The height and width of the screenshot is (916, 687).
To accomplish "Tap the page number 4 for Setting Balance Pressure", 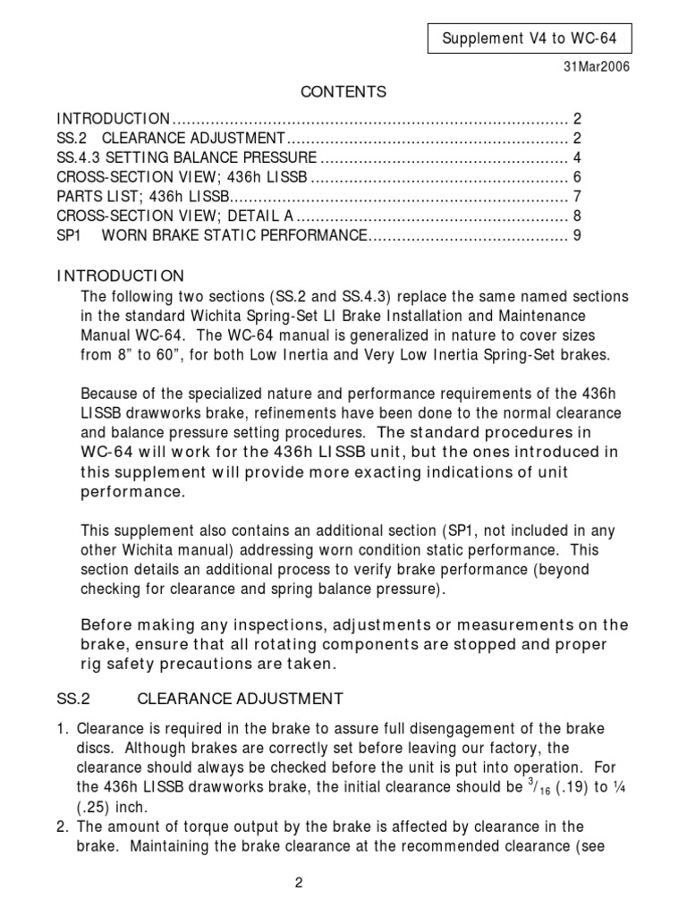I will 578,157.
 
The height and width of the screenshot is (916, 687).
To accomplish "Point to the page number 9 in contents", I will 578,236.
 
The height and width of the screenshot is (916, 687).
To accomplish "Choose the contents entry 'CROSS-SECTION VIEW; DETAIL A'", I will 175,216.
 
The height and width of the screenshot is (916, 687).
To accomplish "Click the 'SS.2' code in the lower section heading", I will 72,698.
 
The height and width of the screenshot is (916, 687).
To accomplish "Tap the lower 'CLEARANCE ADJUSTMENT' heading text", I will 240,698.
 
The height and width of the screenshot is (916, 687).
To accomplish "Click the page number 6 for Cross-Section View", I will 578,177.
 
